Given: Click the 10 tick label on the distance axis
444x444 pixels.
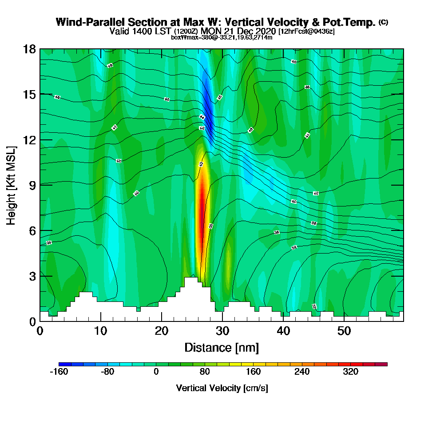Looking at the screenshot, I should tap(101, 331).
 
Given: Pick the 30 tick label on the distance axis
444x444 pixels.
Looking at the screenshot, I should tap(222, 331).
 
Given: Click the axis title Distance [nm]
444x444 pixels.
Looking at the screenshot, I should tap(222, 347).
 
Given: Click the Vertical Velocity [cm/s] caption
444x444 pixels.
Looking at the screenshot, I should tap(222, 388).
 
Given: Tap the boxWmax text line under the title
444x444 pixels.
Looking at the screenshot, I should tap(222, 37).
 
